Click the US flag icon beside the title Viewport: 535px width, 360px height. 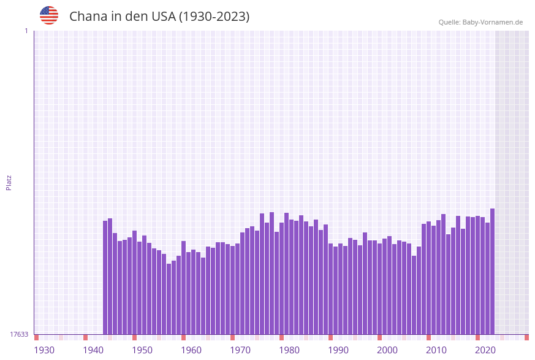point(49,15)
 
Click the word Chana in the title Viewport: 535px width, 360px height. point(88,17)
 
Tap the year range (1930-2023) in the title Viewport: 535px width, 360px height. point(214,17)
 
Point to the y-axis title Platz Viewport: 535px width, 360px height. point(9,182)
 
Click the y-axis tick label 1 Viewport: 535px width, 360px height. point(26,31)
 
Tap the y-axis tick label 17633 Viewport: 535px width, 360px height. point(19,334)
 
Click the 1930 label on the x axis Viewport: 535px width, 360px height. point(44,350)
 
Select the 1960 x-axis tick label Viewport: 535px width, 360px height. point(191,350)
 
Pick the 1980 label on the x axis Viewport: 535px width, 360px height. point(289,350)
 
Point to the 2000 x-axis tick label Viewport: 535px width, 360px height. point(387,350)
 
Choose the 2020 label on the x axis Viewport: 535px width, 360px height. point(485,350)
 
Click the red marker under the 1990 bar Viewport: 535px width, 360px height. point(331,337)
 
